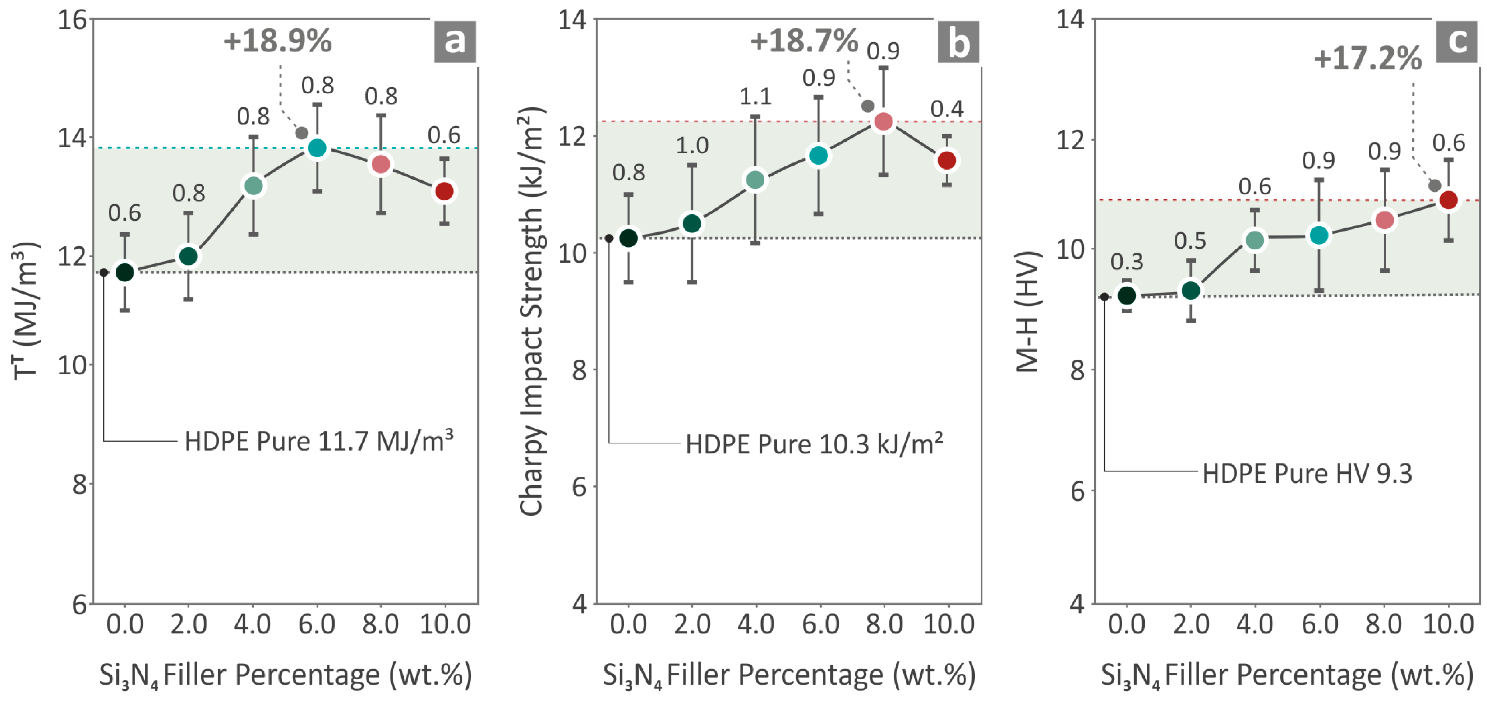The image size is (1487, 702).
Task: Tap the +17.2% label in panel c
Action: pos(1367,59)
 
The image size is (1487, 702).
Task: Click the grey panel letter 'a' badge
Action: pos(455,42)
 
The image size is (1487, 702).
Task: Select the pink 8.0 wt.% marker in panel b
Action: pos(883,122)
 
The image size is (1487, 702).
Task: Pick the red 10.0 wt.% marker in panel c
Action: pos(1448,200)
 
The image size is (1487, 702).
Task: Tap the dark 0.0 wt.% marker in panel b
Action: pos(629,238)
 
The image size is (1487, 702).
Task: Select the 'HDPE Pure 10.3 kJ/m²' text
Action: pos(814,444)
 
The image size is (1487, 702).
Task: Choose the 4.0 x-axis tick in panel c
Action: pos(1255,625)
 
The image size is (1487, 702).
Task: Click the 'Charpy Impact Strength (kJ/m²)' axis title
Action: pos(531,312)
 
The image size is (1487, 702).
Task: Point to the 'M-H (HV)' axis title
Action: pos(1027,312)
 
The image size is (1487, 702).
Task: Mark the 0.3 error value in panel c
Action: pos(1126,262)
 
